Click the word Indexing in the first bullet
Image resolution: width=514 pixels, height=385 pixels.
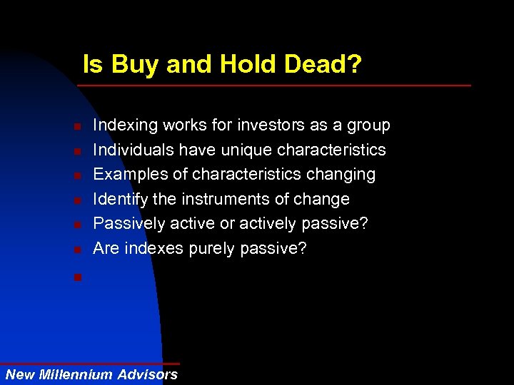pos(126,125)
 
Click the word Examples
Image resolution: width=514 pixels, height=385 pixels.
pos(128,175)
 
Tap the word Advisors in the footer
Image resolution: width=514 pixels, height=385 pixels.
pos(148,374)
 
